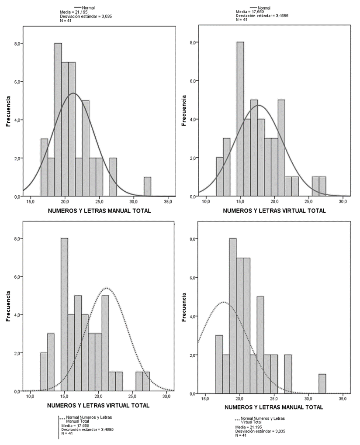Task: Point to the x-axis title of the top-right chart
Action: coord(274,210)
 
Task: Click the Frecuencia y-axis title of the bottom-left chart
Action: coord(8,307)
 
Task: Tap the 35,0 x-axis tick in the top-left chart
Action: coord(168,202)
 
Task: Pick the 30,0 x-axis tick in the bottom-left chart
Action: coord(166,397)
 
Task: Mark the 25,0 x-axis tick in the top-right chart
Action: coord(309,202)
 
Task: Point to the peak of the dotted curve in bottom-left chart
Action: coord(107,288)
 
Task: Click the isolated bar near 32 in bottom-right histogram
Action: coord(322,383)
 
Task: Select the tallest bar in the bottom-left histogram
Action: coord(64,314)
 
